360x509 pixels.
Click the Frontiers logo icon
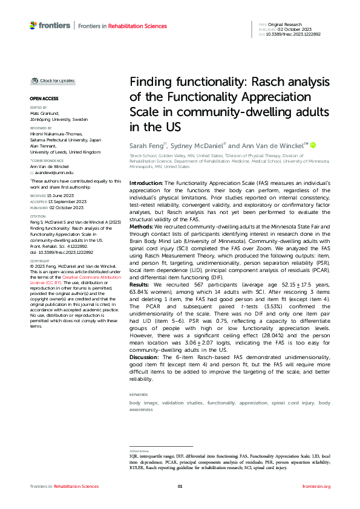34,25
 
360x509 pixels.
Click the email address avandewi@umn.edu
51,173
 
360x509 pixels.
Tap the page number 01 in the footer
180,486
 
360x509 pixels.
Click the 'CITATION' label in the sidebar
38,215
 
